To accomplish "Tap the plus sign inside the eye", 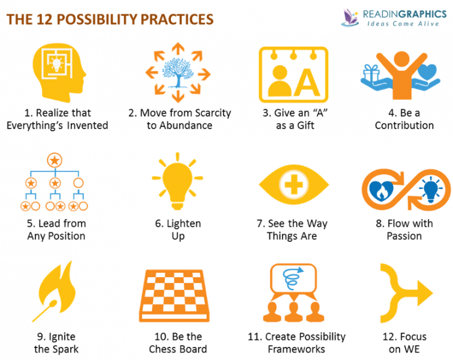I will (x=293, y=184).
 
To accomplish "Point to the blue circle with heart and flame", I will (x=383, y=191).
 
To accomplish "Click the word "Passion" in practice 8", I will (x=404, y=236).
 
